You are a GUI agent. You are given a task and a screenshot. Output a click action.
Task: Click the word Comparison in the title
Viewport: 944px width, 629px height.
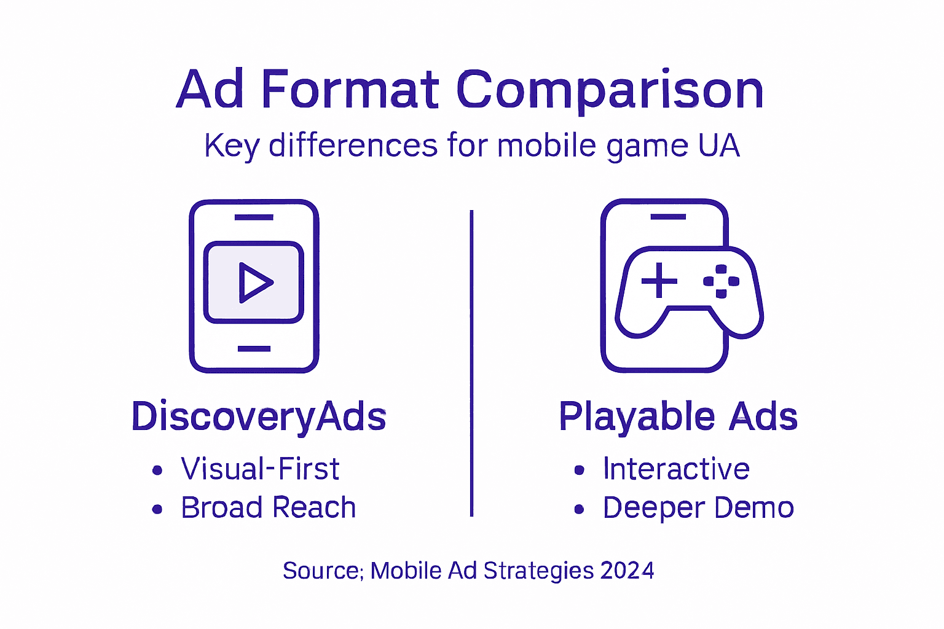610,91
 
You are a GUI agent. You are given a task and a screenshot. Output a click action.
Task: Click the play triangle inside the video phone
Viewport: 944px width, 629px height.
255,283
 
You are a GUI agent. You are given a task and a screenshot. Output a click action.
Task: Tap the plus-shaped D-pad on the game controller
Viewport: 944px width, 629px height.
659,281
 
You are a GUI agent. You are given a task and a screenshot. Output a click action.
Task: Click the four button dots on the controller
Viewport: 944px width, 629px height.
722,281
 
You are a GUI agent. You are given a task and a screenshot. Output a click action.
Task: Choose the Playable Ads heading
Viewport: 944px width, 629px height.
678,416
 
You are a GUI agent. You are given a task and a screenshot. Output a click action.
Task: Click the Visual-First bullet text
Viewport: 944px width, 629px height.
260,469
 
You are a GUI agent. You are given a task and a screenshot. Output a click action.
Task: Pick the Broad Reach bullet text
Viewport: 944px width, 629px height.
269,508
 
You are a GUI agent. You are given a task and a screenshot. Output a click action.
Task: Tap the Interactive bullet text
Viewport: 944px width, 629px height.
676,469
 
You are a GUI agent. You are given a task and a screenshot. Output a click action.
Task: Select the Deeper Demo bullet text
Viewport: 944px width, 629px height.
698,508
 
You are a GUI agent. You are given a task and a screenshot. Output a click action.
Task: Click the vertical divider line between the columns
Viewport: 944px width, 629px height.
471,362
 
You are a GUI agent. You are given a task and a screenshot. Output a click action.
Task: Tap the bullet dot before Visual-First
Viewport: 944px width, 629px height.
157,471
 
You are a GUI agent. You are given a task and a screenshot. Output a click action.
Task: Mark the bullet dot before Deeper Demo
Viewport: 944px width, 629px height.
579,509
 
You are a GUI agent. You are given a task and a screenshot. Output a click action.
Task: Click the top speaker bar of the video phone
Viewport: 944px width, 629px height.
254,217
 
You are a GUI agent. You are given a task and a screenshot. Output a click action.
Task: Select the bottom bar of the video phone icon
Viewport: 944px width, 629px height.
254,349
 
